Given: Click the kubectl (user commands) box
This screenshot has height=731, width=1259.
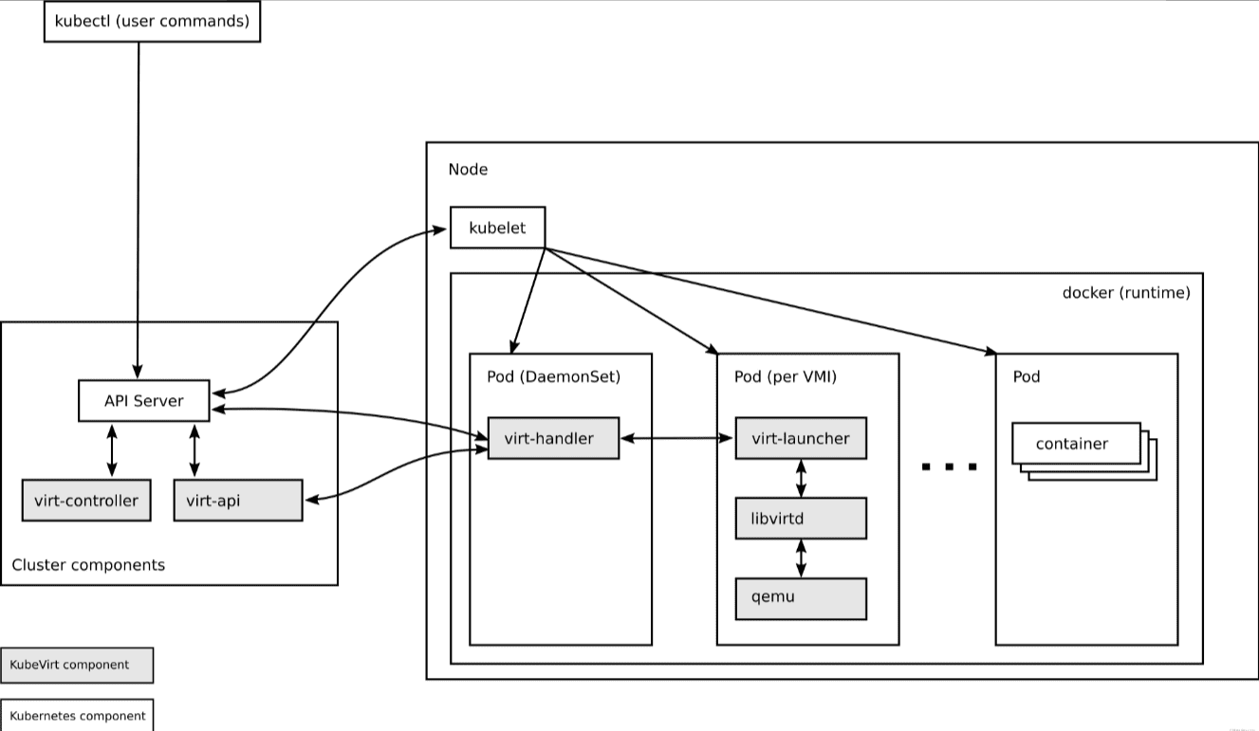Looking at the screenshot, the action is tap(153, 22).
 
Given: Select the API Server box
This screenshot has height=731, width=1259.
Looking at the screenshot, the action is tap(144, 401).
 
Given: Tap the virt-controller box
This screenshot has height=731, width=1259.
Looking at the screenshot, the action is tap(86, 500).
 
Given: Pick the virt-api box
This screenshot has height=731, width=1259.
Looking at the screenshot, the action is tap(238, 500).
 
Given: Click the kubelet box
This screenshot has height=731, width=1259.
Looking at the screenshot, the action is tap(497, 228).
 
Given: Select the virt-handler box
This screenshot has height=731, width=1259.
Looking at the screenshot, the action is tap(554, 438).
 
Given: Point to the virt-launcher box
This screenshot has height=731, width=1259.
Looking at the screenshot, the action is tap(801, 438).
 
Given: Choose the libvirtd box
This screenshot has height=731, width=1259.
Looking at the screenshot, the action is tap(801, 518).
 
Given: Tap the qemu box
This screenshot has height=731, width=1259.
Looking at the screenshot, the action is tap(801, 599).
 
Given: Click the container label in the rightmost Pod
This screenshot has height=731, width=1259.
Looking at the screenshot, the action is tap(1072, 444).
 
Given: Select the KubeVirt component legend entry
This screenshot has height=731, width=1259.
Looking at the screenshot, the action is tap(77, 666).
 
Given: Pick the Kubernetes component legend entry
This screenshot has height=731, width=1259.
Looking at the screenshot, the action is tap(77, 715).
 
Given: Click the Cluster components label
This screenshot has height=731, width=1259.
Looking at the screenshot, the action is tap(88, 565).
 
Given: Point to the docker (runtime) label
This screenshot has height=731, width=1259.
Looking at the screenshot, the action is tap(1126, 293).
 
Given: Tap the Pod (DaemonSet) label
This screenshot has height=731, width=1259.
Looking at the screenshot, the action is tap(554, 376).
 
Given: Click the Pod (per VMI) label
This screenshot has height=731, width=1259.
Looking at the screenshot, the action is tap(786, 376).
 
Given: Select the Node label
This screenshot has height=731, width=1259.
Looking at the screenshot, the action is tap(468, 169).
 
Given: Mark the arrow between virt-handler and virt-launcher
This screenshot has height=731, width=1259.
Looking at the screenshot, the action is tap(677, 438).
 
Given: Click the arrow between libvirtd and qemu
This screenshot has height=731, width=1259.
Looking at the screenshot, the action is tap(801, 558).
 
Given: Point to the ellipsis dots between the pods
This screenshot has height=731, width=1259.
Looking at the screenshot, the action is tap(950, 466).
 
